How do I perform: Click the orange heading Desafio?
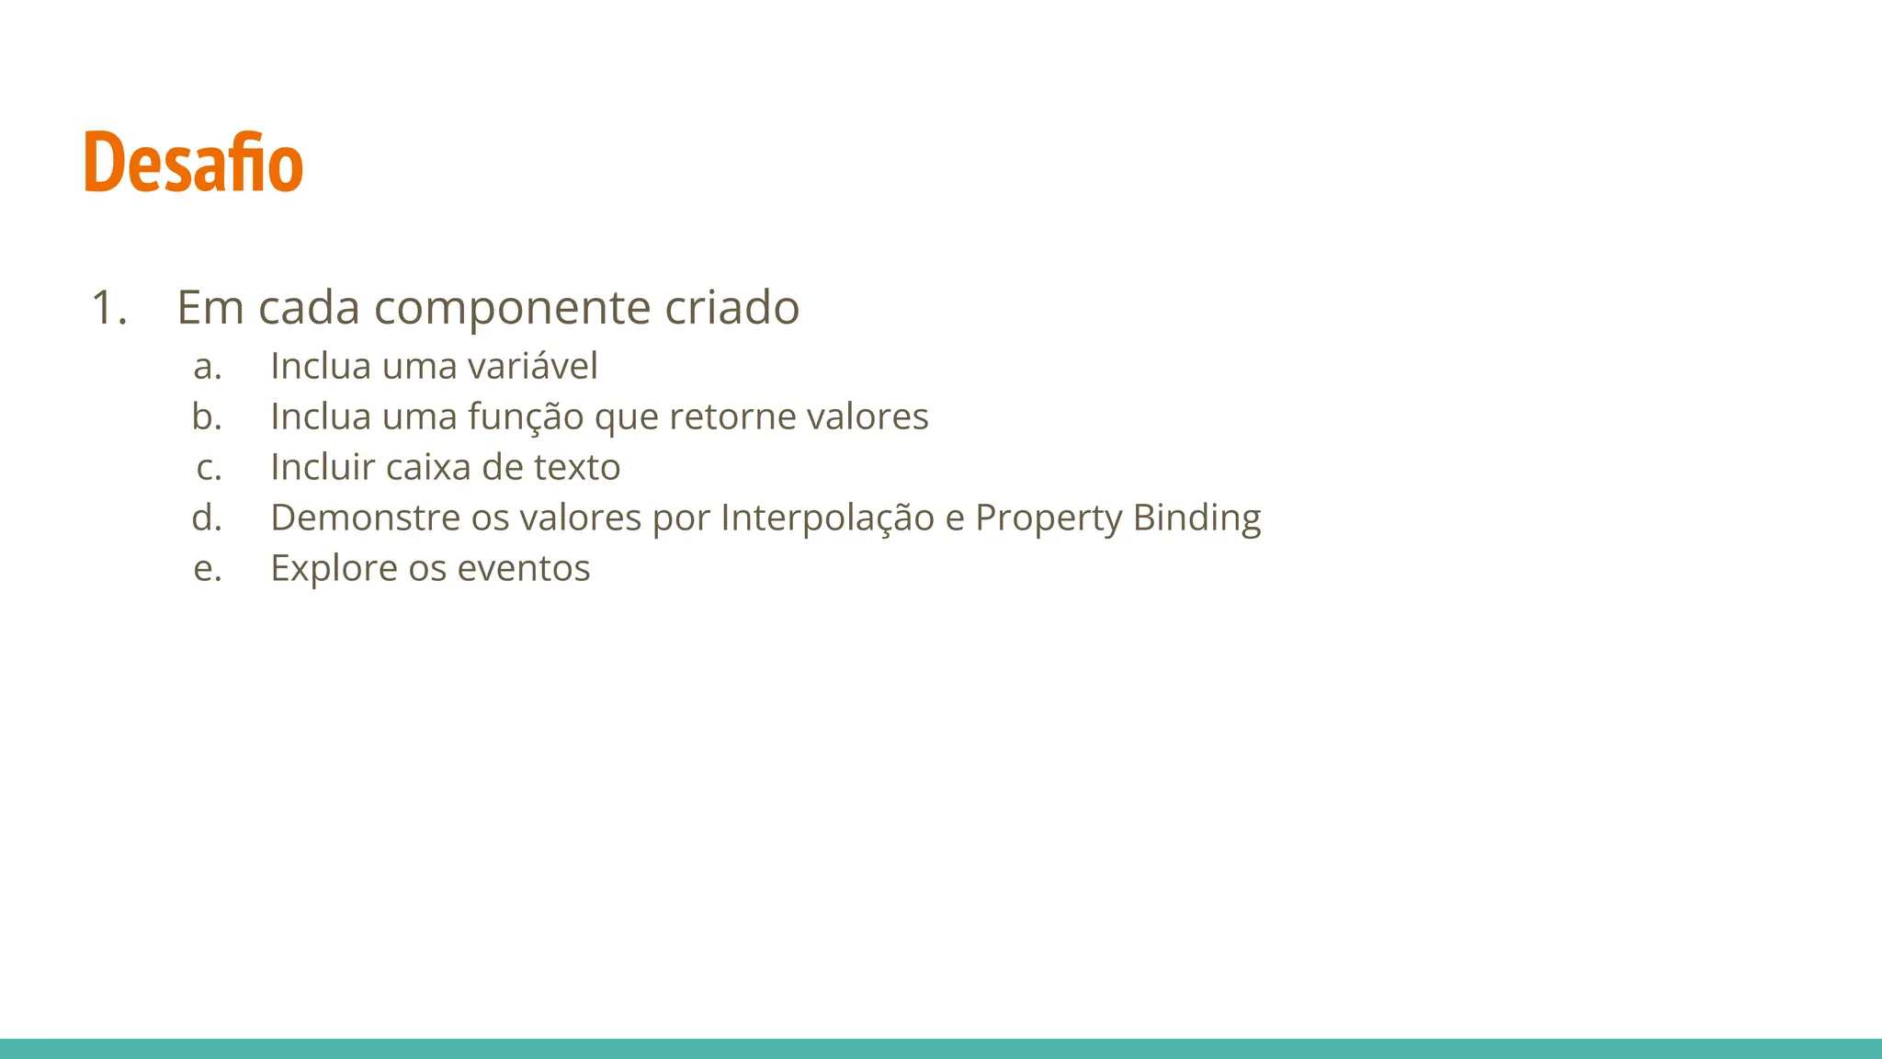pos(193,163)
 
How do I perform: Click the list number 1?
pos(108,307)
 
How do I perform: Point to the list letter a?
pos(207,367)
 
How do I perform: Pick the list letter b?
pos(207,416)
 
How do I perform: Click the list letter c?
pos(209,468)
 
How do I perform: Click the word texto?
pos(577,468)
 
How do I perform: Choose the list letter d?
pos(207,518)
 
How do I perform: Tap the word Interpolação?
pos(827,518)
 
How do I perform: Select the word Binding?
pos(1196,518)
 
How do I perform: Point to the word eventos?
pos(523,569)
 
